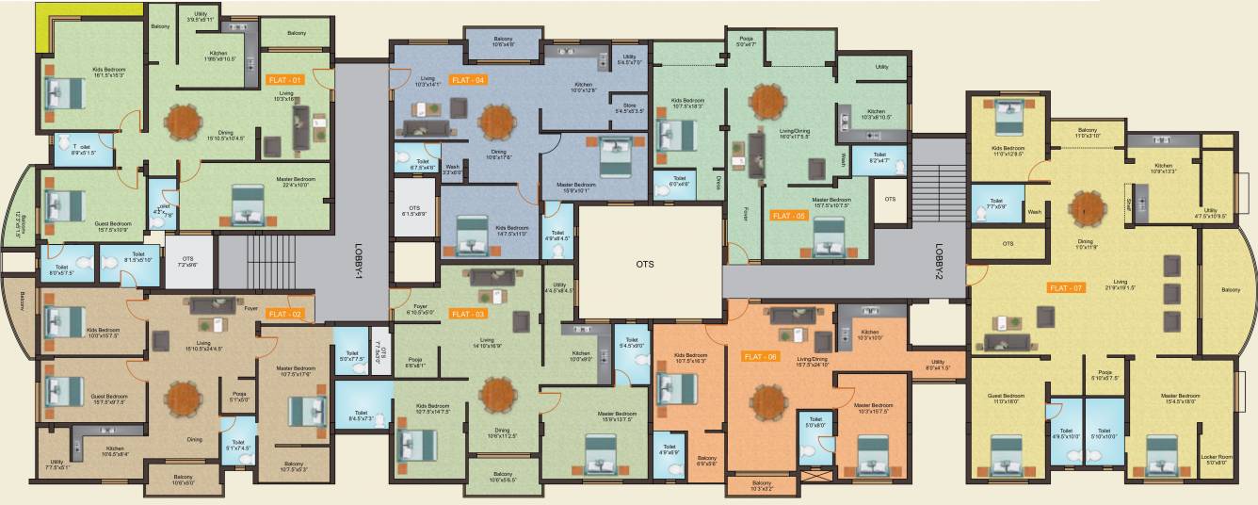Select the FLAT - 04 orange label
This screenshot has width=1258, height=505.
pos(468,80)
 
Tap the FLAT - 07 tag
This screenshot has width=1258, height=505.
pos(1065,287)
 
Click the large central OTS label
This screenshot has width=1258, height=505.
pos(644,264)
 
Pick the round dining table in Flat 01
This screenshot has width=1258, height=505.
pos(184,120)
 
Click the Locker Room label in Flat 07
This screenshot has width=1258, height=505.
pos(1216,459)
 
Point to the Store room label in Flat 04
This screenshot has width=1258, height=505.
pos(629,106)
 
